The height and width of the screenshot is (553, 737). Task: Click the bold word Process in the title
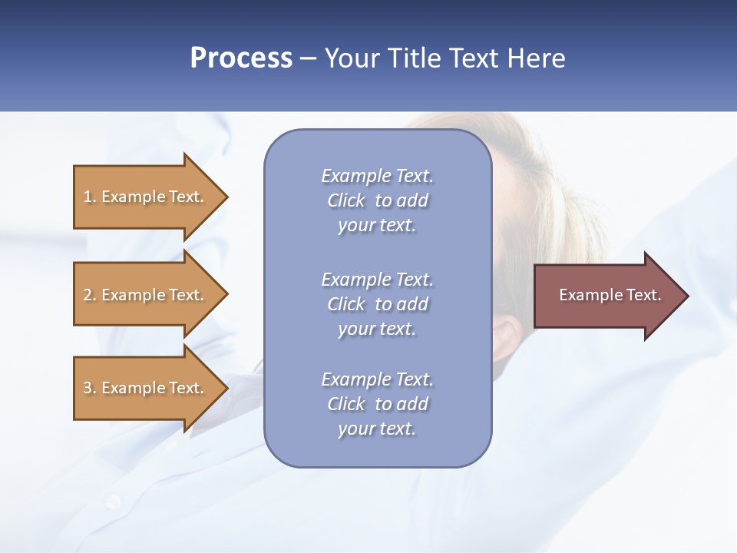click(241, 58)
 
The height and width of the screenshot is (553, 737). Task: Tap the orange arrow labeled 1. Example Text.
click(146, 197)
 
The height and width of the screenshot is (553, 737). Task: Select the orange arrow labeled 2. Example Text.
click(146, 295)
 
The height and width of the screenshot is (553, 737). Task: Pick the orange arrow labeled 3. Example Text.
click(146, 388)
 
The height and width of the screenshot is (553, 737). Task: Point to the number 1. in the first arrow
click(90, 197)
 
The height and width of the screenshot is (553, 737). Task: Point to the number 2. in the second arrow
click(90, 295)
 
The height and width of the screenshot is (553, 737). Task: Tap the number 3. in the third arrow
click(90, 388)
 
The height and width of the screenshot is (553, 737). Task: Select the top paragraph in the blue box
click(377, 200)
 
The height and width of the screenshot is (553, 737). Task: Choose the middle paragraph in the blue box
click(377, 304)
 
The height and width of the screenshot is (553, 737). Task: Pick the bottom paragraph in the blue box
click(377, 404)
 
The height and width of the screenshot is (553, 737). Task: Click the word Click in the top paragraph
click(346, 200)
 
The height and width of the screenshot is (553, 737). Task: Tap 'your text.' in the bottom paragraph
click(377, 429)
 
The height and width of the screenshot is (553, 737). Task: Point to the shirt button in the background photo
click(114, 501)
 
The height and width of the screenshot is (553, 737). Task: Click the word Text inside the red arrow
click(643, 295)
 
